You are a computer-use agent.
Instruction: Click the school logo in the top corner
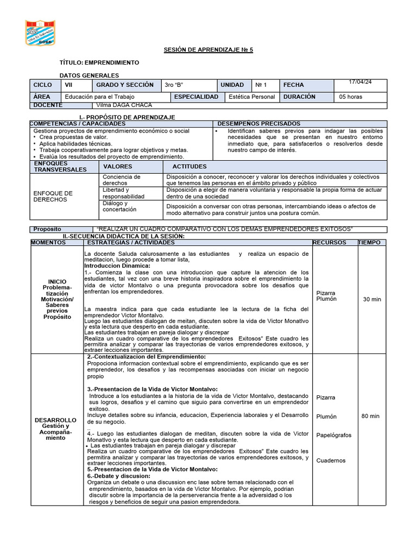(40, 33)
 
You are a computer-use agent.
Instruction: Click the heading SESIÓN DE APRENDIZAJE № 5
(208, 50)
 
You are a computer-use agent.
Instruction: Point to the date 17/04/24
(360, 82)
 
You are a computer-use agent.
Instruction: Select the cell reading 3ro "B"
(174, 85)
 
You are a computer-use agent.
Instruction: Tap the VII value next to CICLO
(68, 85)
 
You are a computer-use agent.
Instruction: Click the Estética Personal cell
(252, 97)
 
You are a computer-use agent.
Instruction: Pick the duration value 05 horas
(351, 97)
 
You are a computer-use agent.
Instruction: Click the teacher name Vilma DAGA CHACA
(124, 105)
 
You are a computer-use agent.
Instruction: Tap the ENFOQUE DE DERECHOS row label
(53, 196)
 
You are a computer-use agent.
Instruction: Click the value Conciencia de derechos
(122, 180)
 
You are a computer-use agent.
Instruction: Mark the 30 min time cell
(372, 299)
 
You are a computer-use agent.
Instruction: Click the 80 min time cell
(370, 416)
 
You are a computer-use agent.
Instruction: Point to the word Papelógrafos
(334, 435)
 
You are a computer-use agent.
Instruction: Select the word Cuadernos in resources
(331, 460)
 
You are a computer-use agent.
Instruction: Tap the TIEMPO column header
(369, 242)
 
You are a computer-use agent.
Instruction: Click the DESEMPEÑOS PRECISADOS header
(259, 124)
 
